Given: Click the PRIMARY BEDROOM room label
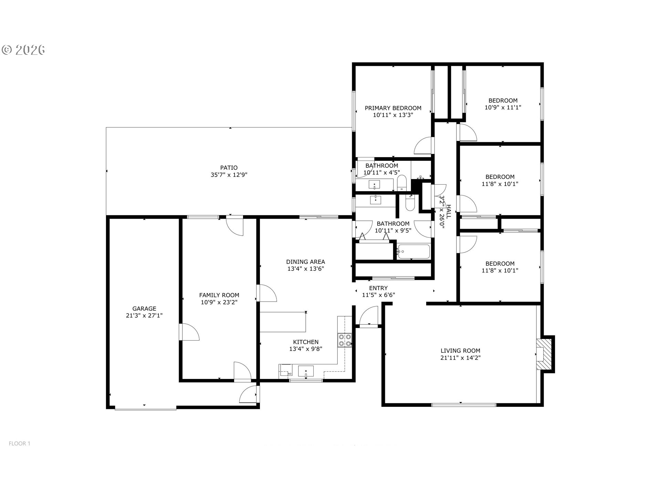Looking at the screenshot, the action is pos(393,108).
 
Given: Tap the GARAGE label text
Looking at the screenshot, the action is pos(144,309).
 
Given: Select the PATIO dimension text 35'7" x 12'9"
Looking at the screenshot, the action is pos(229,175).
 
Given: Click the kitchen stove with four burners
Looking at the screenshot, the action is pos(345,340).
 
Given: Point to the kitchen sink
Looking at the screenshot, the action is pos(306,372).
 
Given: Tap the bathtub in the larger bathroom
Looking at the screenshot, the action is pos(413,252).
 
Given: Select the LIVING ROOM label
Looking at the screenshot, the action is pos(460,351).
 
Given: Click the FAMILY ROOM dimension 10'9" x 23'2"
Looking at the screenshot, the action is pos(219,302).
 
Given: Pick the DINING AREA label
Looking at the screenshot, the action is pos(306,262).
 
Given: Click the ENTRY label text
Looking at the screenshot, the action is pos(378,288).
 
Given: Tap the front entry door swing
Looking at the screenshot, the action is pos(369,316).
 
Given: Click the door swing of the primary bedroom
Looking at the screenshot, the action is pos(423,145).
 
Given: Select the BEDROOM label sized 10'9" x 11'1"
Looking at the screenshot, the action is pos(503,101).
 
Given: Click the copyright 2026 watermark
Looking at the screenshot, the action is pos(23,50).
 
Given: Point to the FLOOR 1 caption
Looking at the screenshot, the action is pos(20,444).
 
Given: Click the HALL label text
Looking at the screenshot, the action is pos(449,212).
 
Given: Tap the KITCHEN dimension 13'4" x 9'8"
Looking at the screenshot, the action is pos(306,349).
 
